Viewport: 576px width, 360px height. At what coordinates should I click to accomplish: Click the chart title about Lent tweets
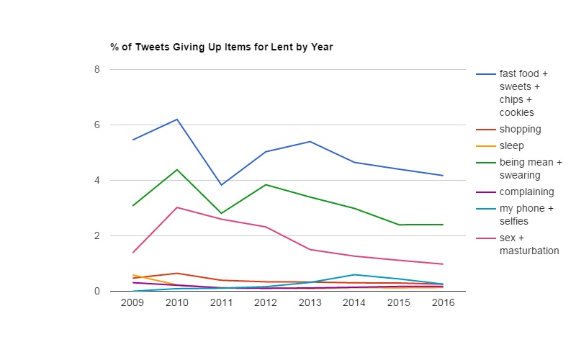[x=221, y=48]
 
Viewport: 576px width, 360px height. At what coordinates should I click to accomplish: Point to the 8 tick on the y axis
[x=96, y=69]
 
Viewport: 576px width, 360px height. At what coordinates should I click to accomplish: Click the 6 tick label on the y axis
[x=96, y=125]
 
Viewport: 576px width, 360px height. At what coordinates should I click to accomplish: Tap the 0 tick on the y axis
[x=96, y=291]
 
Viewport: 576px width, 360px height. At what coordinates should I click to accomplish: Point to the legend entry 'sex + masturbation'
[x=528, y=244]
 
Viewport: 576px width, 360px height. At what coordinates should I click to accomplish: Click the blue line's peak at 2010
[x=177, y=120]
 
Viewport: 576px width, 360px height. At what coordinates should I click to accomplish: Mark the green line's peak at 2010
[x=177, y=169]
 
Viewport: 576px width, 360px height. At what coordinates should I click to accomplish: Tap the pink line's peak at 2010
[x=177, y=207]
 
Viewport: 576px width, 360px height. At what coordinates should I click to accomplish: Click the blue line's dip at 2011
[x=221, y=185]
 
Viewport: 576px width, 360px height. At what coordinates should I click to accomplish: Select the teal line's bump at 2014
[x=354, y=274]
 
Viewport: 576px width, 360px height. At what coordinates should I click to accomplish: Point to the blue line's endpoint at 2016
[x=443, y=176]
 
